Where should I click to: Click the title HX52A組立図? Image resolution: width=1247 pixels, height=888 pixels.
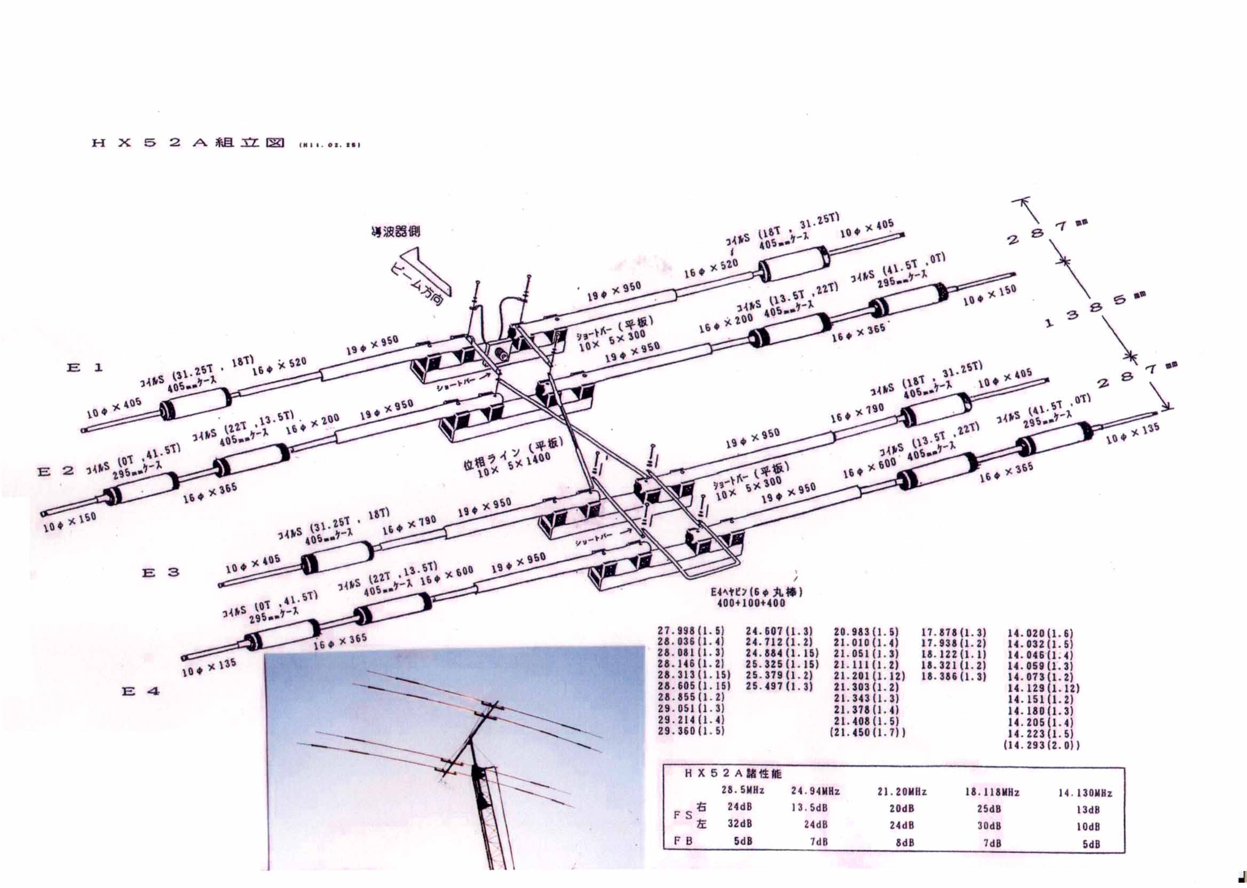[x=188, y=143]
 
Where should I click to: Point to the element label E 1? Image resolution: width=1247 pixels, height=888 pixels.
[x=84, y=367]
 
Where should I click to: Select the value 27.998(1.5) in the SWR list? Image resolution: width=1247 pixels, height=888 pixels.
[x=691, y=631]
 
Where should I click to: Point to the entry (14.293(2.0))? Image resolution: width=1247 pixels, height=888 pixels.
[x=1041, y=745]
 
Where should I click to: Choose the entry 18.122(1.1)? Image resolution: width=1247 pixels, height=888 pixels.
[x=953, y=654]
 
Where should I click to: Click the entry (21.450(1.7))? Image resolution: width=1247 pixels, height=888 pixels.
[x=867, y=732]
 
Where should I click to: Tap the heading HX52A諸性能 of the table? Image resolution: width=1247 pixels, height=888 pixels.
[x=735, y=774]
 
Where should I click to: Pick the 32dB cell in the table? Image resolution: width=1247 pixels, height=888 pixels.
[x=739, y=824]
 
